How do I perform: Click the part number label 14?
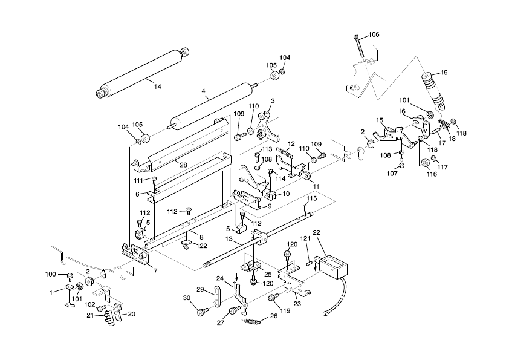[x=157, y=87]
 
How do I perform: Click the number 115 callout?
[x=311, y=198]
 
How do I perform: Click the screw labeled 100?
[x=70, y=277]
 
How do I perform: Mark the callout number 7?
[x=155, y=271]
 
